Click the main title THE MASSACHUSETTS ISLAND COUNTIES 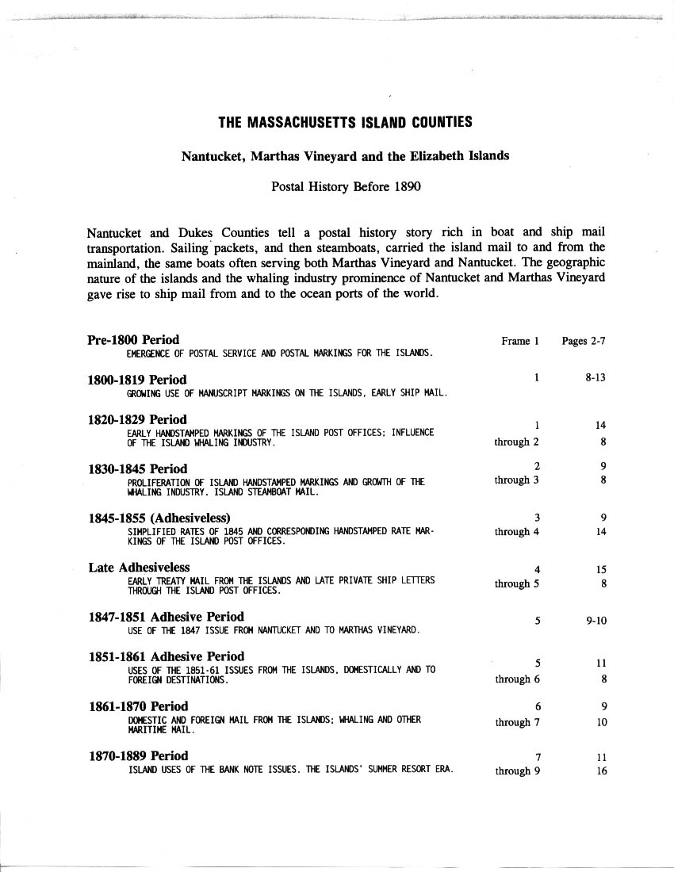tap(345, 122)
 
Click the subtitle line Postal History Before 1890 tap(345, 188)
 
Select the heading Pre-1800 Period tap(132, 340)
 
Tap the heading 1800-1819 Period tap(136, 379)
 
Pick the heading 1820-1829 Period tap(136, 419)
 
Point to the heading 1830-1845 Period tap(136, 469)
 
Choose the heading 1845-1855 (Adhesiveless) tap(164, 518)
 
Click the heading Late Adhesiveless tap(138, 567)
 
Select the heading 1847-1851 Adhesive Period tap(165, 616)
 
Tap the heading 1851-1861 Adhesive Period tap(165, 656)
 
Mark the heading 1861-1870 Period tap(137, 706)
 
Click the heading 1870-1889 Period tap(137, 755)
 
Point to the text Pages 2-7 tap(584, 341)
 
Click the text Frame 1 tap(520, 341)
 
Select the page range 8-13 tap(595, 378)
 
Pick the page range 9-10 tap(596, 621)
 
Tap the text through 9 tap(517, 771)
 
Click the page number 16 tap(601, 771)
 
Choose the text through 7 tap(517, 722)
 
